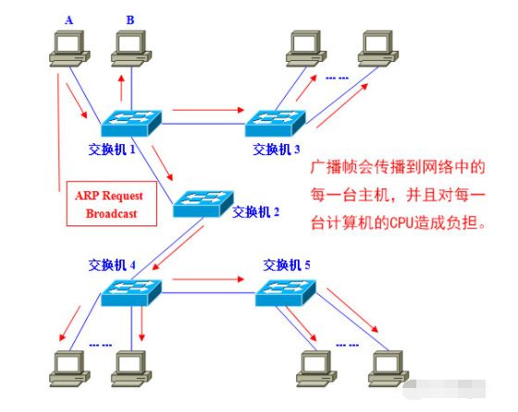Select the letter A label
(68, 18)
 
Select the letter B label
(129, 18)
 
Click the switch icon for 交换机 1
(131, 121)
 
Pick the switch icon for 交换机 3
(274, 121)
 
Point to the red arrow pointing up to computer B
(120, 88)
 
